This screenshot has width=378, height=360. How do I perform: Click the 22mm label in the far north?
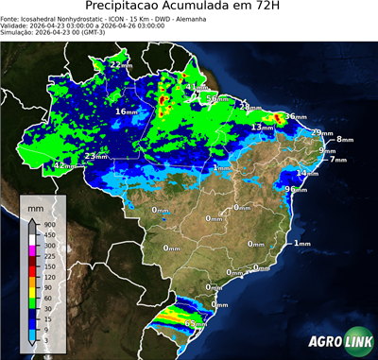pyautogui.click(x=120, y=64)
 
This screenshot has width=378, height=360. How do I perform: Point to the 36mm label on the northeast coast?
pyautogui.click(x=296, y=116)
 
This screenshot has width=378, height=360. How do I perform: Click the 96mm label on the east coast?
pyautogui.click(x=296, y=189)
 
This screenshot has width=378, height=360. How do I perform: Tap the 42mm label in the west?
pyautogui.click(x=64, y=165)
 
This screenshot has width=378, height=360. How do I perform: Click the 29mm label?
pyautogui.click(x=321, y=132)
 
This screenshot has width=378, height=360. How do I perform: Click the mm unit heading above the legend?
pyautogui.click(x=34, y=205)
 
